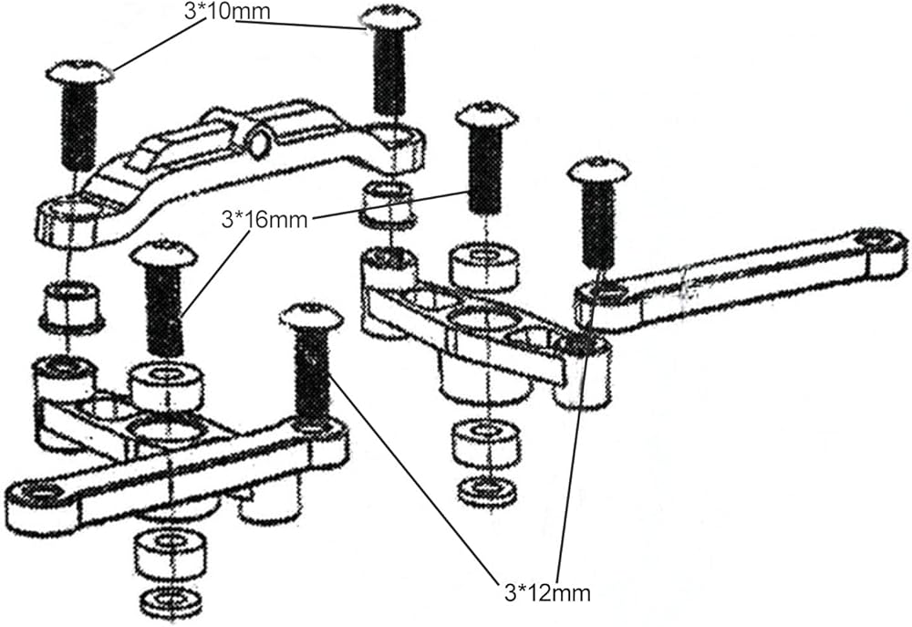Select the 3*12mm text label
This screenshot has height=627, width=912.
546,592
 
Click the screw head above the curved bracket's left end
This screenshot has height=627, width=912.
79,72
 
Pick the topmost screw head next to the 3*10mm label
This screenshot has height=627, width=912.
389,17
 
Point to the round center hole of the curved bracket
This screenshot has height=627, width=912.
258,141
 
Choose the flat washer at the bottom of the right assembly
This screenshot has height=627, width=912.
487,491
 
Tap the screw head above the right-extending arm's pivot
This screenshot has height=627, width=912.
598,171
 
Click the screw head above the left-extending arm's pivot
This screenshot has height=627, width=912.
311,318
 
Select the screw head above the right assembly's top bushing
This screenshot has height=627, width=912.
487,115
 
